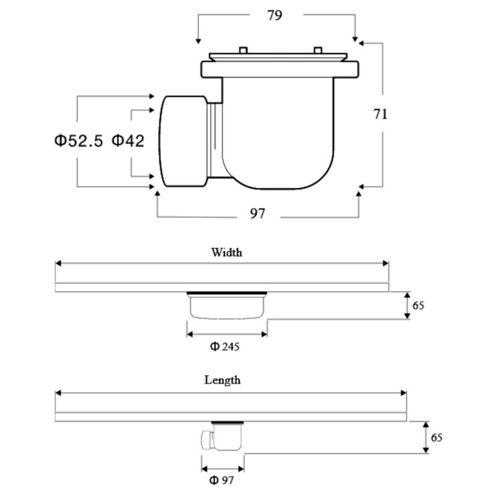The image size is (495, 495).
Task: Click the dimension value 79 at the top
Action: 274,15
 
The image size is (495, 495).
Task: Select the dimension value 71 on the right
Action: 380,114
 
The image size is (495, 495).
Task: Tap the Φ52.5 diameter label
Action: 79,140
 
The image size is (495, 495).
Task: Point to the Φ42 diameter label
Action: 128,140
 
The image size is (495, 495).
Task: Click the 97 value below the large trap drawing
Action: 257,213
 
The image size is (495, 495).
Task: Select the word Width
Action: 226,252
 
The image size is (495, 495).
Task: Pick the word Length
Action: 222,380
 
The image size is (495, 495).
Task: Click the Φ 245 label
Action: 225,346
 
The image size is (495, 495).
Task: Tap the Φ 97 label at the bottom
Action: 222,480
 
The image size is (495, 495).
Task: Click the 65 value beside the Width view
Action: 418,306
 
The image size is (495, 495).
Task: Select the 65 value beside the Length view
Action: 437,437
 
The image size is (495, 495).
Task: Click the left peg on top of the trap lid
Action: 243,50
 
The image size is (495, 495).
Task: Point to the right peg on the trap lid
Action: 318,50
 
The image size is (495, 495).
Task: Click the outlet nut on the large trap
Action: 183,141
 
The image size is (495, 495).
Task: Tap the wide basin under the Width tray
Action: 227,305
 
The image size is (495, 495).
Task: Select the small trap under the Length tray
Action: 222,436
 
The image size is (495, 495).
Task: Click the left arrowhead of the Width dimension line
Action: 58,264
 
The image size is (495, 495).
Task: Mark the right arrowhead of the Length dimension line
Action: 404,393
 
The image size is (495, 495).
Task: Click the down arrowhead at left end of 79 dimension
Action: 198,41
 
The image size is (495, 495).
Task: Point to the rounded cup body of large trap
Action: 278,133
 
